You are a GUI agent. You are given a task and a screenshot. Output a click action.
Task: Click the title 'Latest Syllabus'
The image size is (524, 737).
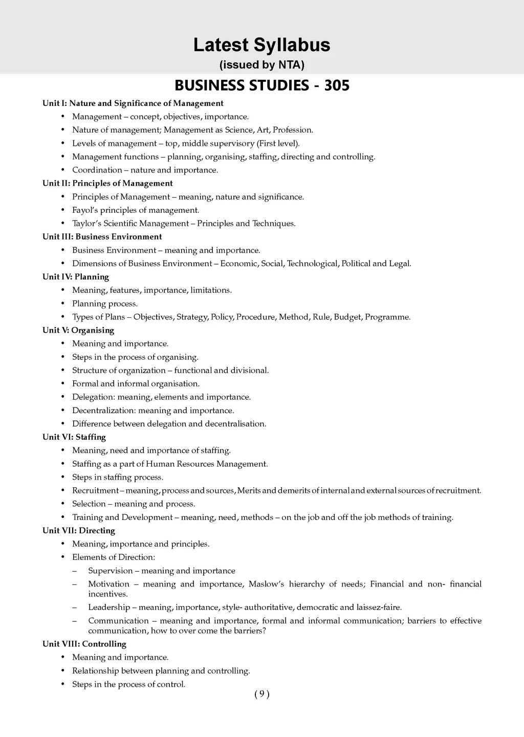[261, 45]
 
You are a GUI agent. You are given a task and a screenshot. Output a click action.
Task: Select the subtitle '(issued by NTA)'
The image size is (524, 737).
[261, 65]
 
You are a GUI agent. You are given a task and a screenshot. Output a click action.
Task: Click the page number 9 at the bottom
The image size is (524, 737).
[261, 694]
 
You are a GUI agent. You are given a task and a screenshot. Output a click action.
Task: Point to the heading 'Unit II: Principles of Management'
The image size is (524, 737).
[107, 183]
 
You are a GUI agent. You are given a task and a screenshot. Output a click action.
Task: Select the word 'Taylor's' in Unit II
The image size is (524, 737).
[86, 224]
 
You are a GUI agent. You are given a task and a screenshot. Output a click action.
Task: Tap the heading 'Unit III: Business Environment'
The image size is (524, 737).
[102, 237]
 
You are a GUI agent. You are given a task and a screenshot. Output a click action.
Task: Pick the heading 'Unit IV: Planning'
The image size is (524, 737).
[76, 277]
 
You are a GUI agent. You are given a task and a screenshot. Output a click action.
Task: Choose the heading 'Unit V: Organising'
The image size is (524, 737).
[78, 331]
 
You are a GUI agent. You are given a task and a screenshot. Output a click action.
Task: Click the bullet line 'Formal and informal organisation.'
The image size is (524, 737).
[136, 384]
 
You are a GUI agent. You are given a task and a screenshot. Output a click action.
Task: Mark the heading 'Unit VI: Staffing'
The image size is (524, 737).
[74, 437]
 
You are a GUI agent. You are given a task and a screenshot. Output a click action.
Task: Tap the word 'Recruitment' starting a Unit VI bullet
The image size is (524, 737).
[95, 491]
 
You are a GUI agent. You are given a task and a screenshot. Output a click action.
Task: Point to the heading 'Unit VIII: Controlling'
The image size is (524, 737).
[84, 644]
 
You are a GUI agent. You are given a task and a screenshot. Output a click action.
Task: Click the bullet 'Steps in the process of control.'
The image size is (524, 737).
[128, 684]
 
